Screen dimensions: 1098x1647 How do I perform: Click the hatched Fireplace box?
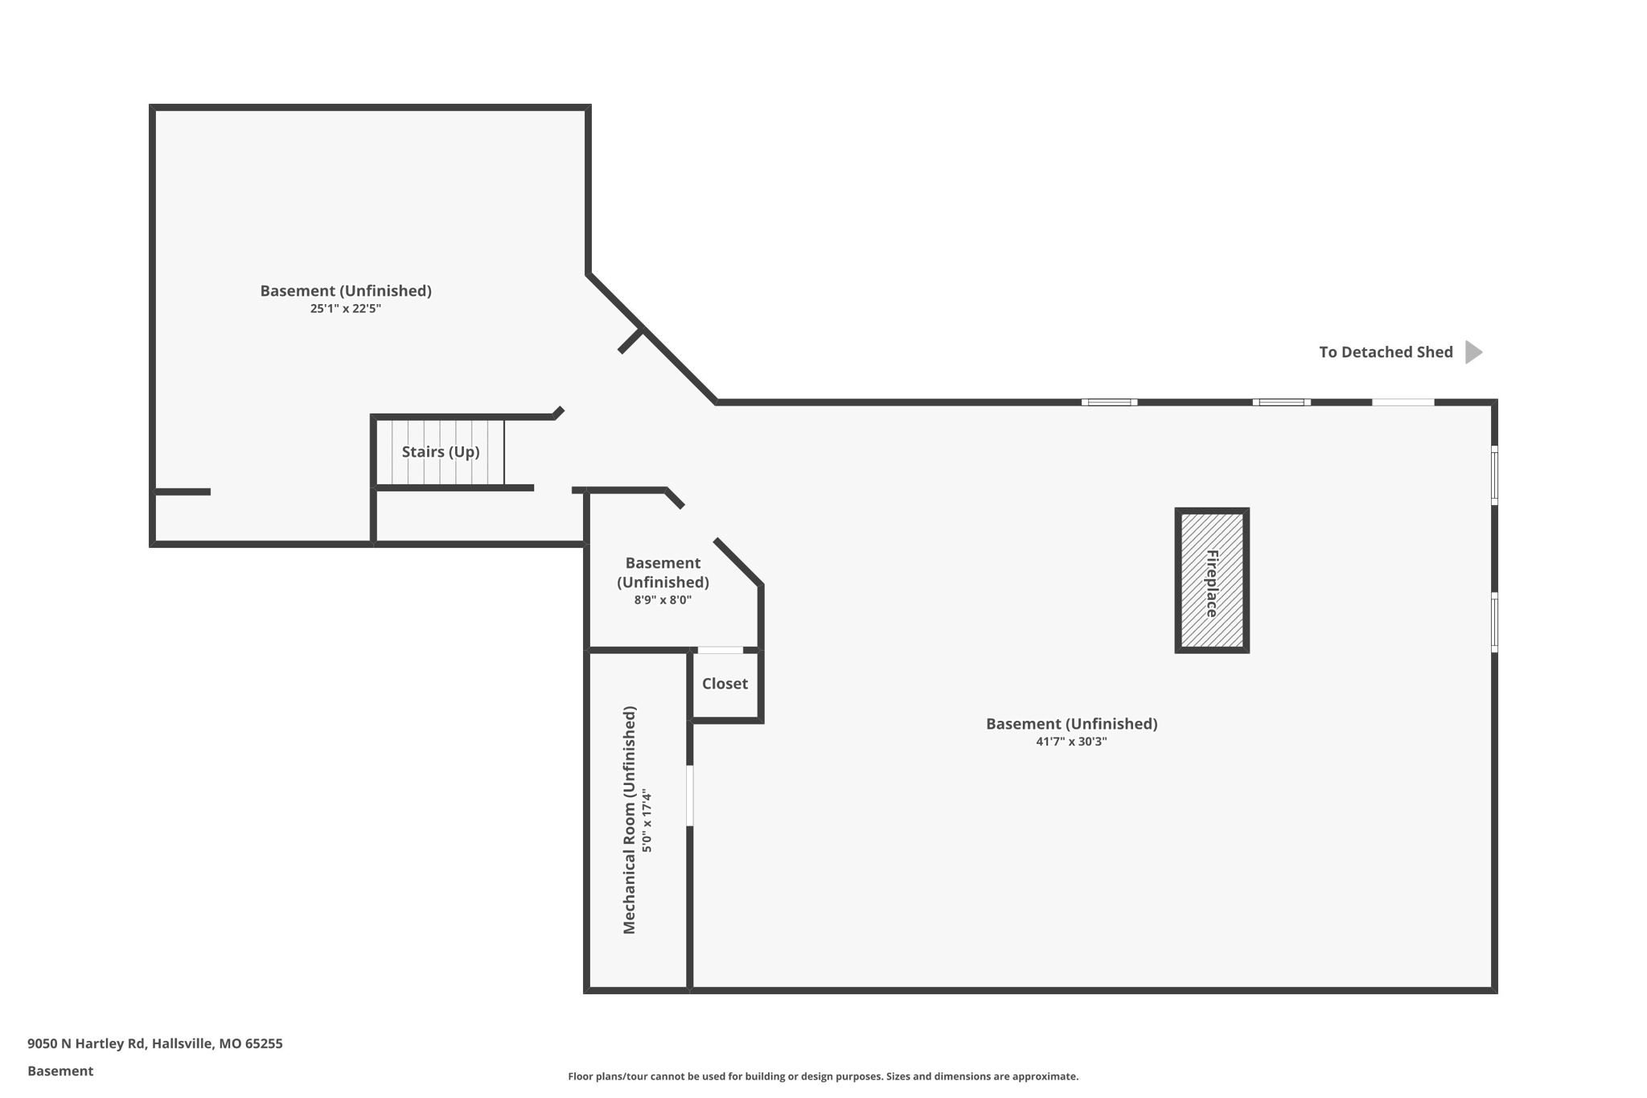(x=1211, y=580)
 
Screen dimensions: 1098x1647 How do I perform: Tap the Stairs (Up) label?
(x=441, y=452)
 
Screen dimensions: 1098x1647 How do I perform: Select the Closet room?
(x=725, y=684)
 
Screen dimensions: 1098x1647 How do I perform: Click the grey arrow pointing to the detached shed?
(x=1472, y=352)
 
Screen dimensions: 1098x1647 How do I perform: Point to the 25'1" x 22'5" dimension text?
(x=345, y=309)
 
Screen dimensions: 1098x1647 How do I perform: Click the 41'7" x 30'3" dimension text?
(x=1071, y=742)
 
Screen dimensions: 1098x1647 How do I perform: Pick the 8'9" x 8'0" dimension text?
(x=663, y=600)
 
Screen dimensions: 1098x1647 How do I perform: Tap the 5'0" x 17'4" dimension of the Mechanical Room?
(x=647, y=820)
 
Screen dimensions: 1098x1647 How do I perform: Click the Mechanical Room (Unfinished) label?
(x=630, y=820)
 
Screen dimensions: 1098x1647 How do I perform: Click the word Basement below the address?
(x=60, y=1071)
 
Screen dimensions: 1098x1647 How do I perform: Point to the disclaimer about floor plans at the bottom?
(x=823, y=1076)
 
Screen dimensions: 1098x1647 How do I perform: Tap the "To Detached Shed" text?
(x=1386, y=352)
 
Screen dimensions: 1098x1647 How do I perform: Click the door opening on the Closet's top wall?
(x=720, y=650)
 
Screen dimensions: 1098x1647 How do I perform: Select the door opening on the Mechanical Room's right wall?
(x=690, y=796)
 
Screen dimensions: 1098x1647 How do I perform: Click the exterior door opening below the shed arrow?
(x=1403, y=402)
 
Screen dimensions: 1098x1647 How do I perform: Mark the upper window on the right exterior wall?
(x=1494, y=475)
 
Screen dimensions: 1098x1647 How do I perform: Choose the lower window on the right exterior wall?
(x=1494, y=622)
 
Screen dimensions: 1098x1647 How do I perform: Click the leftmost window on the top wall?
(x=1109, y=402)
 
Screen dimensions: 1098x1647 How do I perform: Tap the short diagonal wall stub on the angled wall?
(x=630, y=341)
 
